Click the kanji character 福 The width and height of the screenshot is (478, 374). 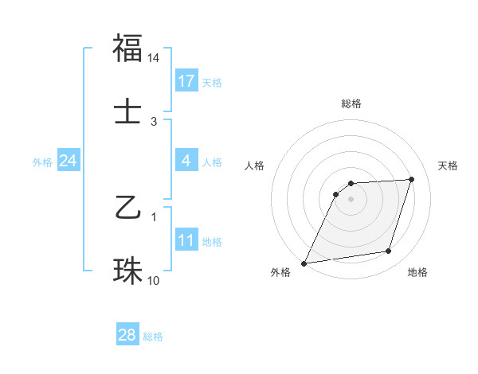127,49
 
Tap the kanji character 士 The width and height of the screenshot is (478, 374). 127,111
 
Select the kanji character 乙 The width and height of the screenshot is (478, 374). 127,209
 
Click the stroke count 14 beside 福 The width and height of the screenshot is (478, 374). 154,58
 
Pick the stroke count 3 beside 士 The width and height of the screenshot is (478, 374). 154,121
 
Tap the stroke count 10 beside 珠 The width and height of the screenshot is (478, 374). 154,280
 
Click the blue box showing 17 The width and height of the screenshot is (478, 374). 186,81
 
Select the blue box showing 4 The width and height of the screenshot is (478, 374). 186,161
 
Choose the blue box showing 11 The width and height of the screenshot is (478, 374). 186,240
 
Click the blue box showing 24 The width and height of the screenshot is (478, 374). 68,161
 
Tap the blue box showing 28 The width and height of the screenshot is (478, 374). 127,335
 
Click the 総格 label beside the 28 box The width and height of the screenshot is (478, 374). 153,337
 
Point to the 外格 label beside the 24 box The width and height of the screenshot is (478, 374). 42,162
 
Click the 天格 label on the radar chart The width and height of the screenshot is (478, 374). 448,166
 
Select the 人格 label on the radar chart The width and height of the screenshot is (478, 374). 255,166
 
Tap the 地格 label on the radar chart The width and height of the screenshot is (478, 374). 417,272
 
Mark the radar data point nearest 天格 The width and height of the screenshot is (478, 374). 412,179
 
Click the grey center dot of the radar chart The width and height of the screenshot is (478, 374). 351,199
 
